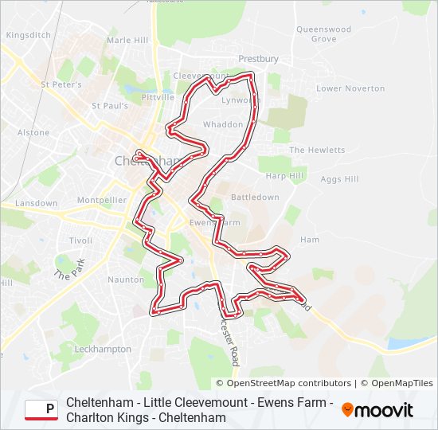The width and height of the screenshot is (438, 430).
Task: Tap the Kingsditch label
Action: (x=28, y=35)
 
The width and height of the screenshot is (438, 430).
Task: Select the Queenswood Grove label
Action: (x=323, y=34)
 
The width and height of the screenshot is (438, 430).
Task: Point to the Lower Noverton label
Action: (x=350, y=88)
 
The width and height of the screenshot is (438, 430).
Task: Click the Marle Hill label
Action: (x=127, y=40)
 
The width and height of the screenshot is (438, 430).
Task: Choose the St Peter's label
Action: (x=61, y=84)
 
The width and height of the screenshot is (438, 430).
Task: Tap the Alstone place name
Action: (x=33, y=133)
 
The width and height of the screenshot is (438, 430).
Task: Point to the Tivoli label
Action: (x=80, y=240)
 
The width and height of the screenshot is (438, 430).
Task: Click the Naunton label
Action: (x=126, y=279)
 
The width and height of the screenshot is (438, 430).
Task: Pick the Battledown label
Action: (x=255, y=197)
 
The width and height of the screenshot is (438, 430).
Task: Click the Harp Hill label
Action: (x=285, y=176)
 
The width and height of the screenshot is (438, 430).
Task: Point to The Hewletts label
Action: (x=317, y=150)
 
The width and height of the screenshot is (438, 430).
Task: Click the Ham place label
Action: (x=310, y=240)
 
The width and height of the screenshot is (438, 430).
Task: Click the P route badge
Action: (x=41, y=410)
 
